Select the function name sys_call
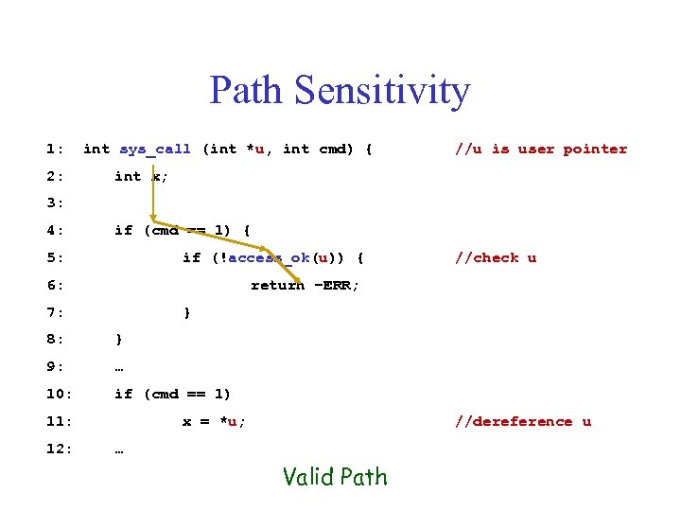point(155,149)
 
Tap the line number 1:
point(54,149)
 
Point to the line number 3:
point(54,203)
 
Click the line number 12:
point(58,449)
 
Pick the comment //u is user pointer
point(541,149)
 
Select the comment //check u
point(496,257)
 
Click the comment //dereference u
point(523,421)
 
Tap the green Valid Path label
point(335,477)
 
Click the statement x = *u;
point(214,421)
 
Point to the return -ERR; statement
point(305,285)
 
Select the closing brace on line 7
point(187,312)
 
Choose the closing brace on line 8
point(118,340)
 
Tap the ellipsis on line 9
point(119,367)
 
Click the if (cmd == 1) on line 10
point(172,394)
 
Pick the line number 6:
point(54,285)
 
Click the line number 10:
point(58,394)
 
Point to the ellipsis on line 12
point(119,449)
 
